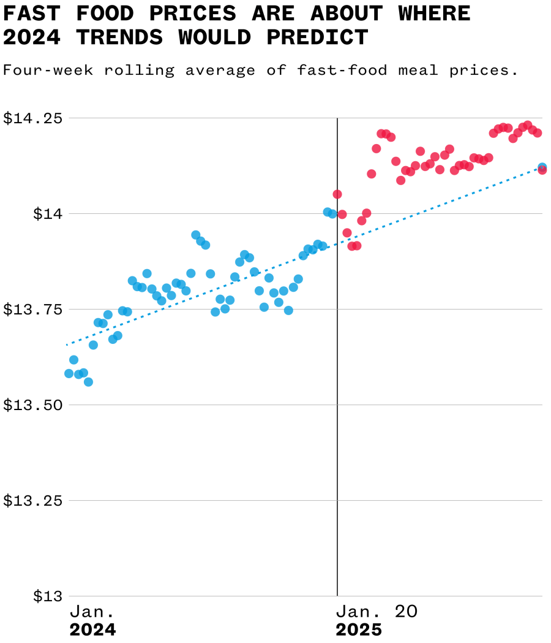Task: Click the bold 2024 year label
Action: pos(92,630)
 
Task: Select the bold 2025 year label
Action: pos(359,630)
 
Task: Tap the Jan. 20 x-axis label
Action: pos(377,611)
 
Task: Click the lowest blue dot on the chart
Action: pos(88,382)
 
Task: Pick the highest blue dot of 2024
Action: pos(196,235)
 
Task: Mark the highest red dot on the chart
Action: pos(528,125)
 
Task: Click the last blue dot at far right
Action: pos(542,167)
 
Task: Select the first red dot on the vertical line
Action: pos(337,194)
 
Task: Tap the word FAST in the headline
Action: pos(29,13)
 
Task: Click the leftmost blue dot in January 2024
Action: pos(69,373)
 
